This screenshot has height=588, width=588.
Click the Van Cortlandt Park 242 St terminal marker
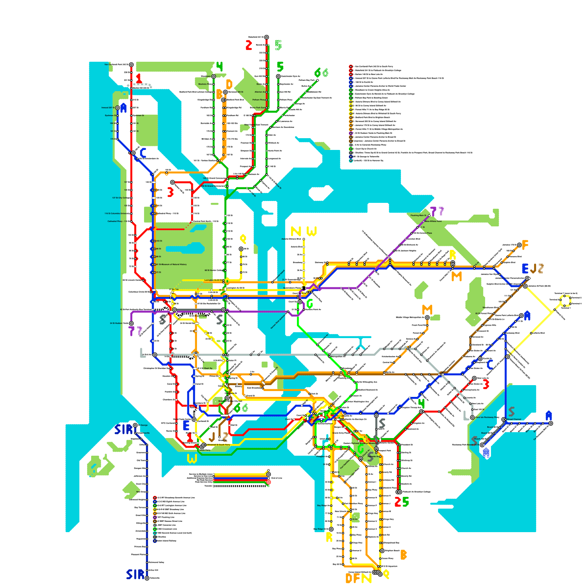pyautogui.click(x=131, y=65)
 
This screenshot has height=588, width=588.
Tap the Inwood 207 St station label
pyautogui.click(x=108, y=108)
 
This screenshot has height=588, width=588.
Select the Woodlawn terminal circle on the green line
pyautogui.click(x=214, y=76)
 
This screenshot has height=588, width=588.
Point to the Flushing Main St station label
pyautogui.click(x=418, y=215)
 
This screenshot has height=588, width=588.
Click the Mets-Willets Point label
pyautogui.click(x=433, y=221)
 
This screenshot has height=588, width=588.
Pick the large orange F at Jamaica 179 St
pyautogui.click(x=525, y=245)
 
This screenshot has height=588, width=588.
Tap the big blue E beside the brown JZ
pyautogui.click(x=526, y=269)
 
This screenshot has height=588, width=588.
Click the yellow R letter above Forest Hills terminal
pyautogui.click(x=452, y=255)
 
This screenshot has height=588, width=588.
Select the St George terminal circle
pyautogui.click(x=135, y=425)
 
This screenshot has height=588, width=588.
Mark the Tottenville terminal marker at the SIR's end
pyautogui.click(x=147, y=578)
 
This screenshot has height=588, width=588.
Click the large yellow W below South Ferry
pyautogui.click(x=192, y=459)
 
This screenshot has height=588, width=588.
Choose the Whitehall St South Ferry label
pyautogui.click(x=218, y=445)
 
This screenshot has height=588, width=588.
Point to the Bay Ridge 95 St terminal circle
pyautogui.click(x=331, y=529)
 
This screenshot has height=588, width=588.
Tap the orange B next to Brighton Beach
pyautogui.click(x=403, y=555)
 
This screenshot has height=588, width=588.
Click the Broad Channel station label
pyautogui.click(x=514, y=419)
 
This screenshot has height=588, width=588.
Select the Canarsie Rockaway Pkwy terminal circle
pyautogui.click(x=472, y=417)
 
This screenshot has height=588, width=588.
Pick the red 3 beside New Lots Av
pyautogui.click(x=486, y=384)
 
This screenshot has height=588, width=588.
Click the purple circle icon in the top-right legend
pyautogui.click(x=351, y=133)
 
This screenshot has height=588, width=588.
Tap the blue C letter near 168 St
pyautogui.click(x=143, y=152)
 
